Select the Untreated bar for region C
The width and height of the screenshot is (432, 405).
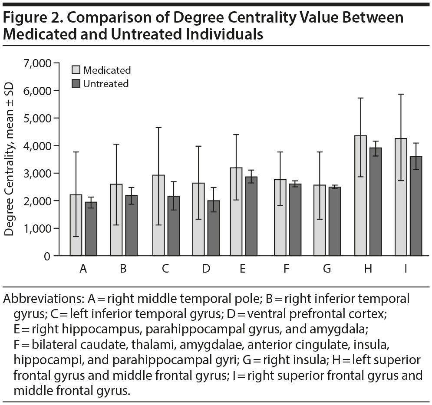tap(174, 226)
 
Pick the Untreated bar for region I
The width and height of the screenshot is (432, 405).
tap(416, 206)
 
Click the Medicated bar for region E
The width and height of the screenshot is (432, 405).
tap(237, 211)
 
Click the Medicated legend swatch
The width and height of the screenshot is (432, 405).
tap(76, 70)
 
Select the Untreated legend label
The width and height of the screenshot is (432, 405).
tap(106, 83)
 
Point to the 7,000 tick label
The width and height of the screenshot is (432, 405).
tap(36, 63)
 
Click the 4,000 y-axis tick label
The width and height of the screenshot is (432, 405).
tap(36, 146)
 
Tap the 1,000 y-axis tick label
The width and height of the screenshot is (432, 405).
tap(36, 228)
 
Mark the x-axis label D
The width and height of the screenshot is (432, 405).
tap(206, 269)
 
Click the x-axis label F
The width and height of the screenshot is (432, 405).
tap(286, 269)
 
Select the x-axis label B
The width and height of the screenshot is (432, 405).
tap(123, 269)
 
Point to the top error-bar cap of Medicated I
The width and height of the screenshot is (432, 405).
tap(401, 94)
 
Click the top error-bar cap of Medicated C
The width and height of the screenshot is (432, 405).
tap(158, 128)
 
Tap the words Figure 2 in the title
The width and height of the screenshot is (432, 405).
tap(27, 18)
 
